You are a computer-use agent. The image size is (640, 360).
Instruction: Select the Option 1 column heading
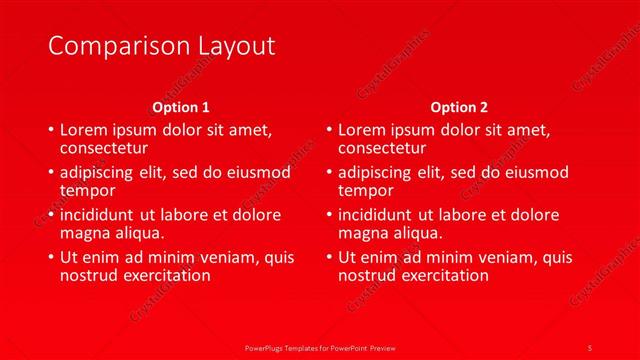(181, 106)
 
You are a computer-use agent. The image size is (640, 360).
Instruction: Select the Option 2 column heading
(459, 106)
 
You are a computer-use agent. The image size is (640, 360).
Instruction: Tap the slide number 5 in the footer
(590, 346)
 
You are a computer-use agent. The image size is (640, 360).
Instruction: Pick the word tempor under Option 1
(88, 190)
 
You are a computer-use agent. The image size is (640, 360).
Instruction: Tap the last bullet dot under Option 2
(329, 257)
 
